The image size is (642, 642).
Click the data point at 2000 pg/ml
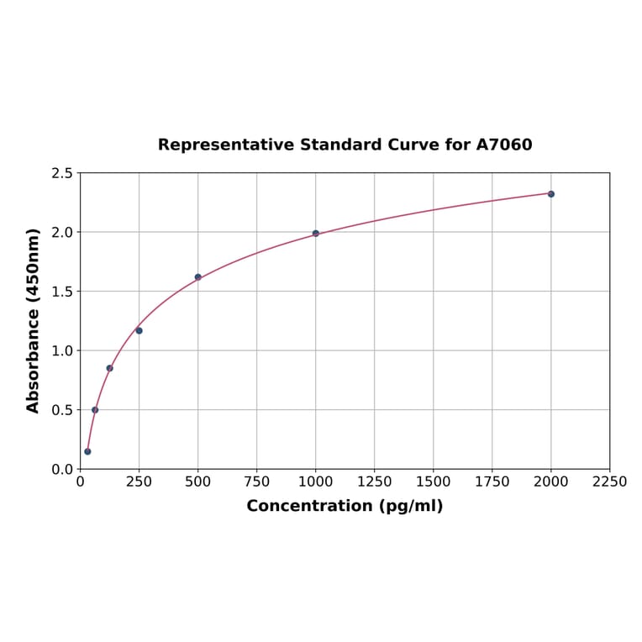pyautogui.click(x=551, y=194)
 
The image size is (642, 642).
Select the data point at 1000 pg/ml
pyautogui.click(x=316, y=234)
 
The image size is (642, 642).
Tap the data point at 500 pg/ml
pyautogui.click(x=198, y=277)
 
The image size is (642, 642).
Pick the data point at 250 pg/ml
pyautogui.click(x=139, y=330)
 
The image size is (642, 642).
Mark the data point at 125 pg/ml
pyautogui.click(x=109, y=368)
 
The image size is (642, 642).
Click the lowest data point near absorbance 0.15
pyautogui.click(x=87, y=451)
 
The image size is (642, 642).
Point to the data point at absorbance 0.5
pyautogui.click(x=95, y=410)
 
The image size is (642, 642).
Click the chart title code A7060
pyautogui.click(x=504, y=145)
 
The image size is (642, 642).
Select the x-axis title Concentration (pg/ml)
pyautogui.click(x=345, y=506)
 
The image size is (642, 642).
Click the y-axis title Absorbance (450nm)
pyautogui.click(x=34, y=320)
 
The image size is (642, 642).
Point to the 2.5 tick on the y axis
pyautogui.click(x=63, y=173)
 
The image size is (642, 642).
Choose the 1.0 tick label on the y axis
pyautogui.click(x=63, y=350)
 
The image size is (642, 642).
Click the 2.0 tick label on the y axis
pyautogui.click(x=63, y=232)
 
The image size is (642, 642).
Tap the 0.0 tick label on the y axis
pyautogui.click(x=63, y=469)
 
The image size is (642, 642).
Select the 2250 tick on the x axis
pyautogui.click(x=610, y=481)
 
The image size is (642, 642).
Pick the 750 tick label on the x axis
pyautogui.click(x=257, y=481)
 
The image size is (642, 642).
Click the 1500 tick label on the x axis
pyautogui.click(x=434, y=481)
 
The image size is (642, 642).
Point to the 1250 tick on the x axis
pyautogui.click(x=375, y=481)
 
